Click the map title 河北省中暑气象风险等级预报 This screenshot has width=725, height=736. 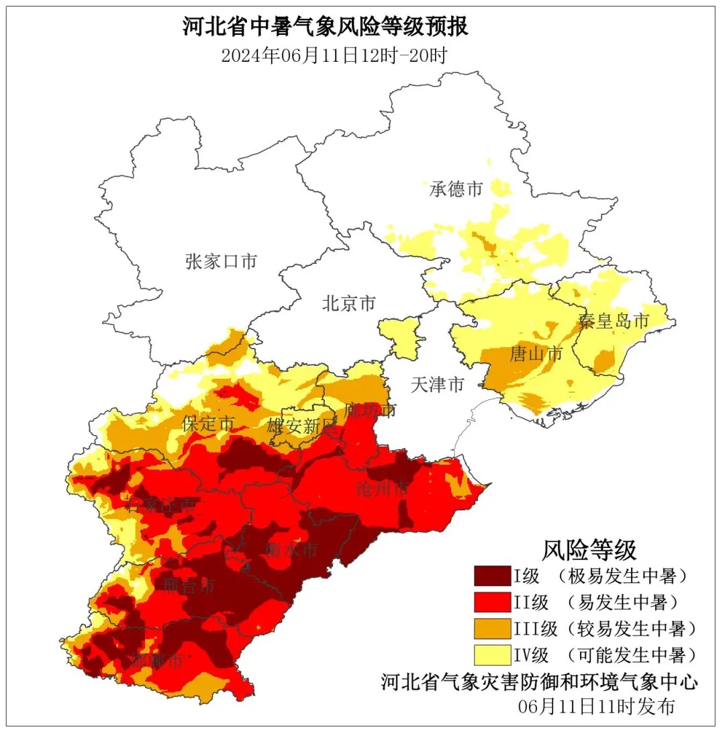pyautogui.click(x=326, y=28)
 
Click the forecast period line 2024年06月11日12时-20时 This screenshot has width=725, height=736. pyautogui.click(x=334, y=55)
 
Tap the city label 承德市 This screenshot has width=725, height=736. pyautogui.click(x=456, y=189)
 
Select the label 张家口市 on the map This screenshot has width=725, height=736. pyautogui.click(x=221, y=261)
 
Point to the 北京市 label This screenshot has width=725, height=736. pyautogui.click(x=348, y=304)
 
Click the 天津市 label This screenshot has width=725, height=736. pyautogui.click(x=437, y=385)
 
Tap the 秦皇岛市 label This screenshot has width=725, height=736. pyautogui.click(x=614, y=321)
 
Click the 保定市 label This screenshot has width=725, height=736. pyautogui.click(x=208, y=424)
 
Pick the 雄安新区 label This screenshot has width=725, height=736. pyautogui.click(x=301, y=426)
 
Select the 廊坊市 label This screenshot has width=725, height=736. pyautogui.click(x=371, y=410)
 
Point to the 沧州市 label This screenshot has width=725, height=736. pyautogui.click(x=383, y=489)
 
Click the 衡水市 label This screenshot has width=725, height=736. pyautogui.click(x=291, y=551)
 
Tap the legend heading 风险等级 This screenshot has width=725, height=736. pyautogui.click(x=589, y=550)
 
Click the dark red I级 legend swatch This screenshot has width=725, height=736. pyautogui.click(x=492, y=576)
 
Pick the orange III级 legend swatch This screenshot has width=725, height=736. pyautogui.click(x=492, y=629)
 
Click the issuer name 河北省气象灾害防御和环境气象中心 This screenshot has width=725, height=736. pyautogui.click(x=539, y=682)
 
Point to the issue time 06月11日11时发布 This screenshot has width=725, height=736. pyautogui.click(x=596, y=706)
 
